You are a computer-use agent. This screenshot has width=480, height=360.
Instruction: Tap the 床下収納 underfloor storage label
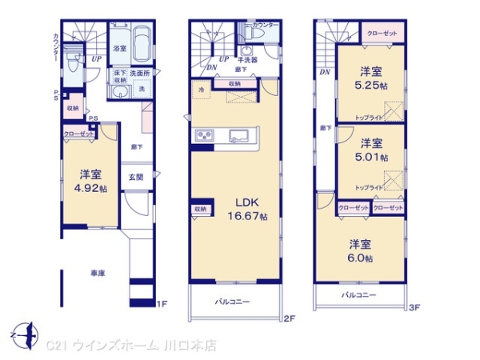(x=119, y=77)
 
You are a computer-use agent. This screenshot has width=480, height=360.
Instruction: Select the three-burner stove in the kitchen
(x=203, y=134)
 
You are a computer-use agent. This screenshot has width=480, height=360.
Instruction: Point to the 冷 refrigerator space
(x=202, y=91)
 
